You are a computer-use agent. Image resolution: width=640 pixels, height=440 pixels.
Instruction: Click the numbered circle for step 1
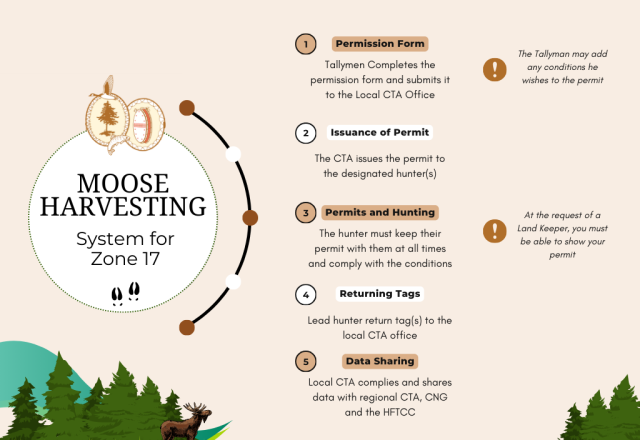[x=305, y=44]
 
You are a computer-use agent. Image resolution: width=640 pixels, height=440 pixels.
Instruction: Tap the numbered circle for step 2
[x=305, y=133]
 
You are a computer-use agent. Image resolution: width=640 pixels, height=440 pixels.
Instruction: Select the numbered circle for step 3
[x=305, y=213]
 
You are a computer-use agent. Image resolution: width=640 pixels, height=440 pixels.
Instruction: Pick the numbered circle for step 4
[x=305, y=294]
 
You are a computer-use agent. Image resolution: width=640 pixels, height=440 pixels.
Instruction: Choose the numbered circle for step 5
[x=305, y=361]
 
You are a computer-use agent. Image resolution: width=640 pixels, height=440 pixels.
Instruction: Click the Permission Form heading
[x=380, y=44]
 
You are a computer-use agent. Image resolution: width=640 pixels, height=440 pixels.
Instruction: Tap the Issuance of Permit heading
[x=380, y=133]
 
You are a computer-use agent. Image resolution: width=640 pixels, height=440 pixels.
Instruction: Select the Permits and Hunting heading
[x=380, y=213]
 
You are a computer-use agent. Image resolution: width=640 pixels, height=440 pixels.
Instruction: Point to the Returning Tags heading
[x=380, y=294]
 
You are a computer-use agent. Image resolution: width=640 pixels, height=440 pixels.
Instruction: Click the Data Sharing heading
[x=380, y=361]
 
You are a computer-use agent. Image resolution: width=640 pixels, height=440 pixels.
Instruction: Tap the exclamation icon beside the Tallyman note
[x=495, y=69]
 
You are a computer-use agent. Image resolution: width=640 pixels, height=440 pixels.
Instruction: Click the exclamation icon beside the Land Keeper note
[x=495, y=231]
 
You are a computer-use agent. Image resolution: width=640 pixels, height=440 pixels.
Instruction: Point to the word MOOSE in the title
[x=123, y=183]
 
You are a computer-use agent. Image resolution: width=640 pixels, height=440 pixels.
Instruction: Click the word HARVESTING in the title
[x=123, y=206]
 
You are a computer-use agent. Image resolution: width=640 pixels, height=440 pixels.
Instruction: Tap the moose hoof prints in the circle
[x=126, y=293]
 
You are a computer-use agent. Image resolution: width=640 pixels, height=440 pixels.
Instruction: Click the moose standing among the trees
[x=187, y=422]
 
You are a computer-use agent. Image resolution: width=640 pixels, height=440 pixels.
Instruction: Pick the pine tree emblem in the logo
[x=108, y=118]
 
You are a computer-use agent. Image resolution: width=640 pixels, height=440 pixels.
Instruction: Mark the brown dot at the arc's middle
[x=250, y=218]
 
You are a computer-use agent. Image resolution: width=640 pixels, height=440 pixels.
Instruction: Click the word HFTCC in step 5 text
[x=399, y=412]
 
